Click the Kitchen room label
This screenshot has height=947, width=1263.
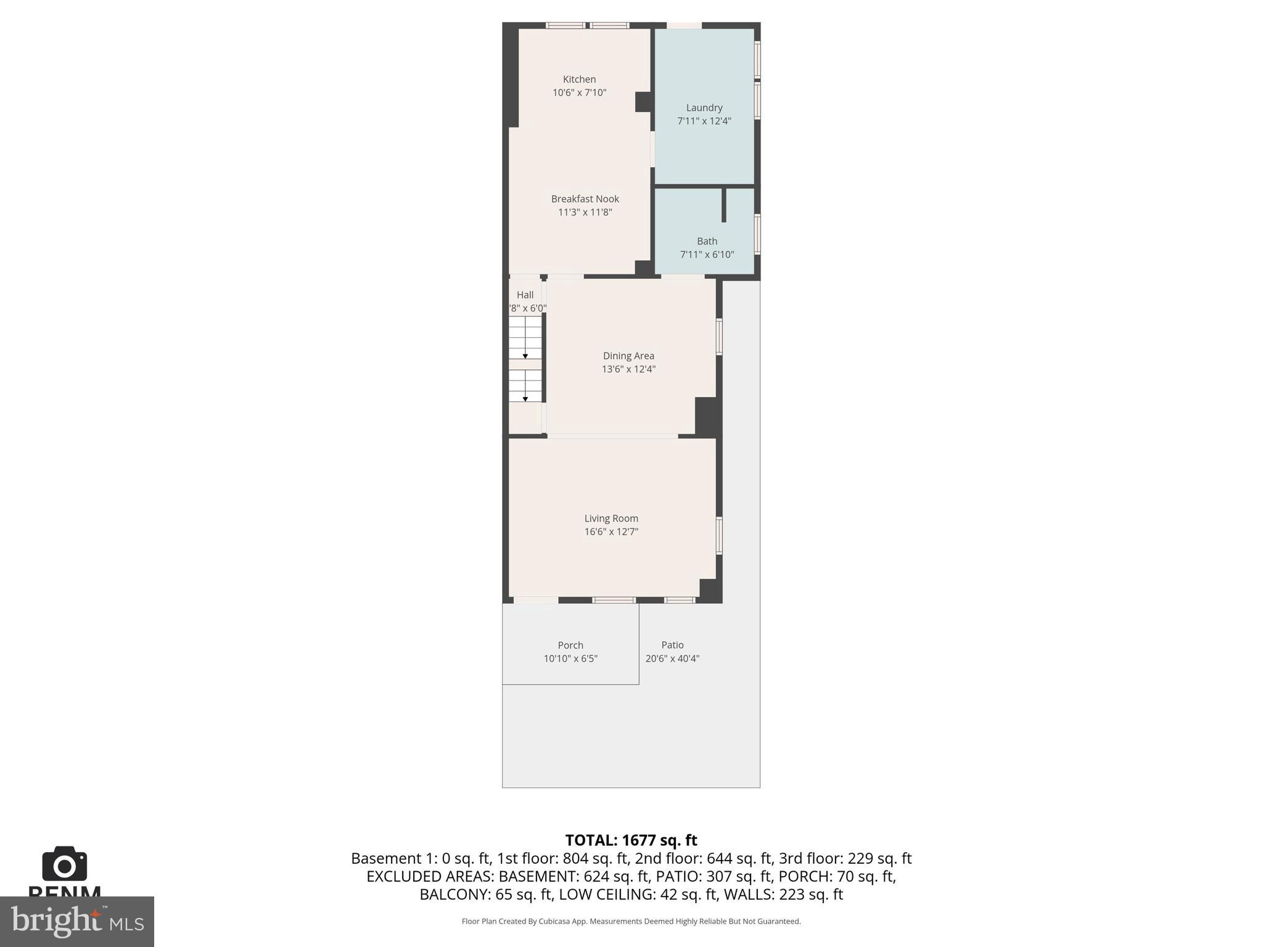(x=579, y=80)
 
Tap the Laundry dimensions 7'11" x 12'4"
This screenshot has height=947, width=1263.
(x=704, y=121)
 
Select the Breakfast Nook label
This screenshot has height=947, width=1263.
(x=585, y=199)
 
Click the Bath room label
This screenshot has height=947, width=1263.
(x=707, y=242)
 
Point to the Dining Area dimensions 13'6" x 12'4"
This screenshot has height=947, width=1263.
(x=628, y=369)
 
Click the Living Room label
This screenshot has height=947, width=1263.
(x=611, y=519)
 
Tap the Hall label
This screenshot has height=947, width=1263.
(x=525, y=295)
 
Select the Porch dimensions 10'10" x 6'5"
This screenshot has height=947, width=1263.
(x=570, y=658)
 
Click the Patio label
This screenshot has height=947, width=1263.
(x=672, y=645)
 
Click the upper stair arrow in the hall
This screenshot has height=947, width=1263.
(x=525, y=355)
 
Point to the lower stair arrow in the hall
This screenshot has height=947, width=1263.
(x=525, y=398)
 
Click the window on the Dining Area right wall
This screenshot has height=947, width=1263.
(x=719, y=337)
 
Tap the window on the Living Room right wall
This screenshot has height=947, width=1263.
(x=719, y=535)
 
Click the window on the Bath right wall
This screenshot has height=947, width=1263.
(x=757, y=234)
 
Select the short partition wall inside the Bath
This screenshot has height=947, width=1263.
(x=724, y=205)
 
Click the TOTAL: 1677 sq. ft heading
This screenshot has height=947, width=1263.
(x=631, y=840)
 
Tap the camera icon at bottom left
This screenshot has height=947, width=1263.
(x=64, y=864)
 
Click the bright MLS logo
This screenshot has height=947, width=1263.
(x=77, y=921)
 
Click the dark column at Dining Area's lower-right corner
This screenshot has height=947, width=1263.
(x=707, y=416)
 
